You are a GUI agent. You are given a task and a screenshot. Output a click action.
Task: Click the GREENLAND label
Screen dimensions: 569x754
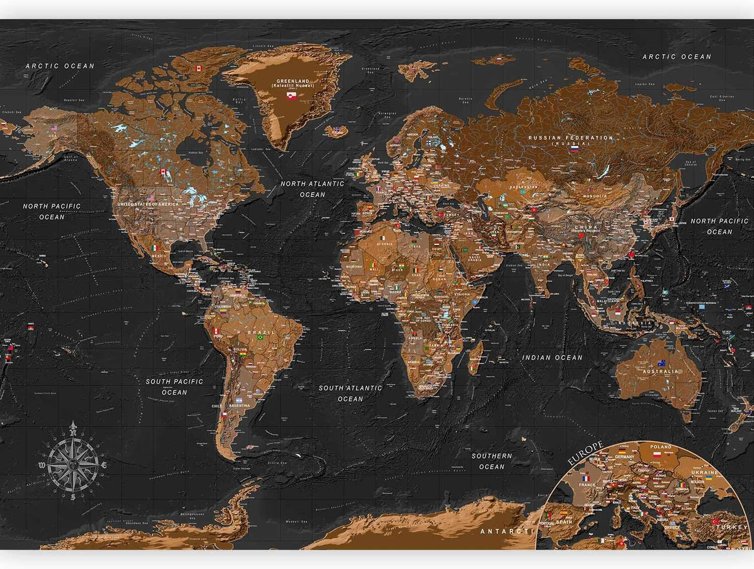pyautogui.click(x=292, y=81)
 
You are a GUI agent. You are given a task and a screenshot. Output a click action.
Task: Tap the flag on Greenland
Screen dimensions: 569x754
pyautogui.click(x=292, y=96)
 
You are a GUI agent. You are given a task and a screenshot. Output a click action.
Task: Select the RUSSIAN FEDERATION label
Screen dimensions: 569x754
pyautogui.click(x=571, y=138)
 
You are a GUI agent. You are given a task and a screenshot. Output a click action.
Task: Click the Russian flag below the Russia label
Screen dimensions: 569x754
pyautogui.click(x=574, y=149)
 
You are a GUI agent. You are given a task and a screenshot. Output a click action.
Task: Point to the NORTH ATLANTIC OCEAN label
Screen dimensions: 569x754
pyautogui.click(x=312, y=189)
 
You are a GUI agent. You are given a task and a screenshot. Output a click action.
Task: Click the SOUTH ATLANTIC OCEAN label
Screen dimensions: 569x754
pyautogui.click(x=350, y=393)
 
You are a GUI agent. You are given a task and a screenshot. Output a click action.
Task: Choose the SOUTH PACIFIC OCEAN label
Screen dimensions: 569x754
pyautogui.click(x=174, y=387)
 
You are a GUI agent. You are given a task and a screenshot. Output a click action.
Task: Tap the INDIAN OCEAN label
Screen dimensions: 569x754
pyautogui.click(x=552, y=357)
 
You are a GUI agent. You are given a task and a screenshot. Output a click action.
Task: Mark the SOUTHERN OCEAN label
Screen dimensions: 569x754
pyautogui.click(x=492, y=461)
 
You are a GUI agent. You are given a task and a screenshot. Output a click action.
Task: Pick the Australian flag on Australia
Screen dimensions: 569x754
pyautogui.click(x=662, y=363)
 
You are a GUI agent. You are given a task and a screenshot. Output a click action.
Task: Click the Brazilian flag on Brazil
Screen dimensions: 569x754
pyautogui.click(x=260, y=338)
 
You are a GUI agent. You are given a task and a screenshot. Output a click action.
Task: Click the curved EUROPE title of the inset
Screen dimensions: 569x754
pyautogui.click(x=585, y=453)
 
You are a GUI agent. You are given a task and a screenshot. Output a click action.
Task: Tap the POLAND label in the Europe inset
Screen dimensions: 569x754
pyautogui.click(x=661, y=447)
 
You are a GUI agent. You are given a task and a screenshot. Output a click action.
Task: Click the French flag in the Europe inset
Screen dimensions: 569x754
pyautogui.click(x=585, y=478)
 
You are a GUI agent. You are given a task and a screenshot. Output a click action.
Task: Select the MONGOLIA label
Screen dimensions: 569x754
pyautogui.click(x=595, y=196)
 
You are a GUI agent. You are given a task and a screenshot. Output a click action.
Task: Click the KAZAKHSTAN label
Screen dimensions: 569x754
pyautogui.click(x=523, y=187)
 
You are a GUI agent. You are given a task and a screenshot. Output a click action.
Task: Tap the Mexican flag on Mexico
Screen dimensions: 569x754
pyautogui.click(x=154, y=248)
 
